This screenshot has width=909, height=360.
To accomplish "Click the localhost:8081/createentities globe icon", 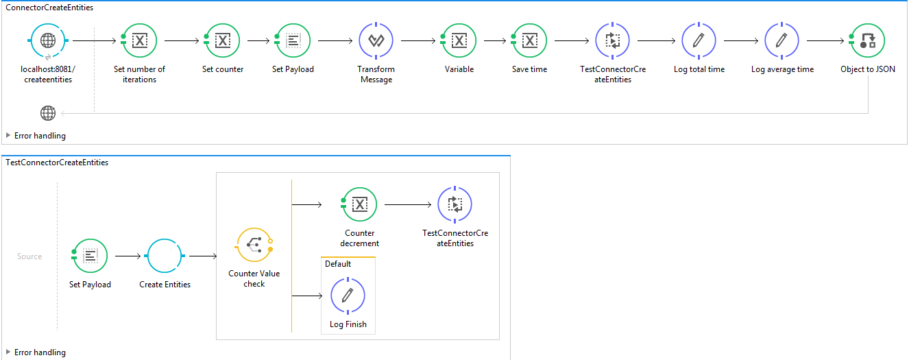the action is coord(48,40).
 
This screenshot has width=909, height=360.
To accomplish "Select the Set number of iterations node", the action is coord(139,40).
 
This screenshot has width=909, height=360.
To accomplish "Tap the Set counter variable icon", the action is coord(222,40).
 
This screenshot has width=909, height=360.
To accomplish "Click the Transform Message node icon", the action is coord(376,40).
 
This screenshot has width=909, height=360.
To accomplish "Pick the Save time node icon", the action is coord(530,40).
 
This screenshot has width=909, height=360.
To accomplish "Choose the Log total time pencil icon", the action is coord(699,40).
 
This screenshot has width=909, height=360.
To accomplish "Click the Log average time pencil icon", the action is coord(782,40).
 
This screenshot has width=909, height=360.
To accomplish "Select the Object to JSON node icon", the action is coord(868,40).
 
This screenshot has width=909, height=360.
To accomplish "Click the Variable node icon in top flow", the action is coord(459,40).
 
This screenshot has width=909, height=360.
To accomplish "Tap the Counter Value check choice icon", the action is coord(254,245).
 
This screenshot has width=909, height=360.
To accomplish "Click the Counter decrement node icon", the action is coord(359,204).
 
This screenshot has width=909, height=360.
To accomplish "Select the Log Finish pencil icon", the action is coord(348,296).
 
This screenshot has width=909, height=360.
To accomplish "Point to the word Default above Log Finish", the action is coord(338,264).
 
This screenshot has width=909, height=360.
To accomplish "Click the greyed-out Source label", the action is coord(29,256).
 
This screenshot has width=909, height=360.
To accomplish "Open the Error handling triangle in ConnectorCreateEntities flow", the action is coord(8,135).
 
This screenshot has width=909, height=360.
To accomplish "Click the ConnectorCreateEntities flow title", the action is coord(49,8).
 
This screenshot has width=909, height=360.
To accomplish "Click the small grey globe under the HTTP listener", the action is coord(48,113).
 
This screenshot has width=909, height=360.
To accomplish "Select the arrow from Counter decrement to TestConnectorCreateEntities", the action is coord(408,204).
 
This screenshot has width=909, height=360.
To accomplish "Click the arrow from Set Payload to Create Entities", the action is coord(128,256).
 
